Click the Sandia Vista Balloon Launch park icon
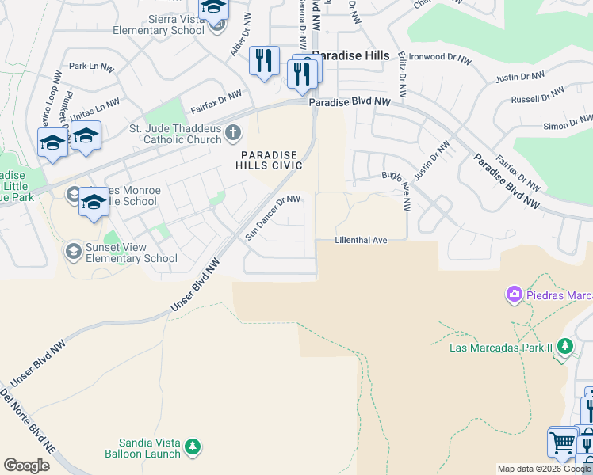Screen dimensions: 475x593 click(x=193, y=449)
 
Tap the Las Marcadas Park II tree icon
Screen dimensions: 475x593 click(x=564, y=346)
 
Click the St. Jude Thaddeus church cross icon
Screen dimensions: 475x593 click(x=232, y=132)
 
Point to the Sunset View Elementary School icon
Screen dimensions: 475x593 click(x=74, y=252)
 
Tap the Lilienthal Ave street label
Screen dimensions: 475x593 click(x=361, y=239)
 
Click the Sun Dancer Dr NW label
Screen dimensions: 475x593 click(x=273, y=218)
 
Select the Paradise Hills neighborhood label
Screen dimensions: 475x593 click(x=350, y=55)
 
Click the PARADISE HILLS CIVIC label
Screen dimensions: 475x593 click(x=269, y=160)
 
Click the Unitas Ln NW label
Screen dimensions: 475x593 click(x=95, y=107)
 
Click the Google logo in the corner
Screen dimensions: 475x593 click(x=26, y=465)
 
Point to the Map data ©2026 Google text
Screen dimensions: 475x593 click(x=543, y=469)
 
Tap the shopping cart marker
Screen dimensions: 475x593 click(x=561, y=443)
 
